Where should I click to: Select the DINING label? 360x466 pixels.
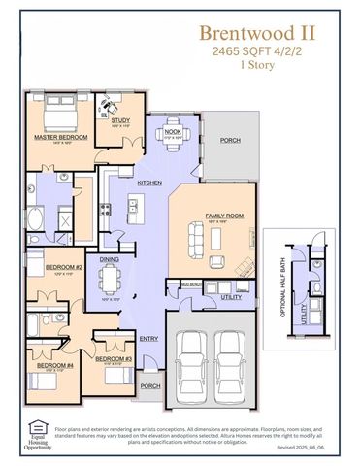point(111,259)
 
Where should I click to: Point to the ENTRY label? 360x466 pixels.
point(148,338)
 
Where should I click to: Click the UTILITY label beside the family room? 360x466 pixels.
point(231,296)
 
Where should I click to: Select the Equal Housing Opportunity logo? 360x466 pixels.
point(39,433)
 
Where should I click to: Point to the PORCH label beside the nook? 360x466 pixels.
point(230,140)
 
